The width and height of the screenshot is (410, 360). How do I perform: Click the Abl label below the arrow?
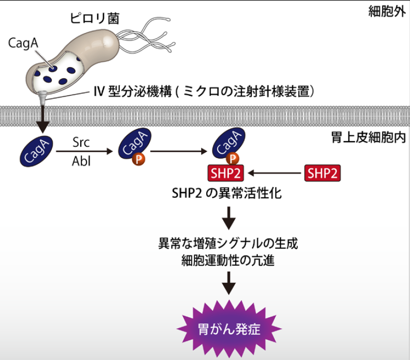tap(82, 161)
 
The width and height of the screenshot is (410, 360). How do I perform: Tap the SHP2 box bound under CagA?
tap(225, 173)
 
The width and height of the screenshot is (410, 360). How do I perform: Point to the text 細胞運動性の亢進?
tap(228, 261)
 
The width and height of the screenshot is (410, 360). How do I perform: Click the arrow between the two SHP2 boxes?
tap(273, 173)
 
